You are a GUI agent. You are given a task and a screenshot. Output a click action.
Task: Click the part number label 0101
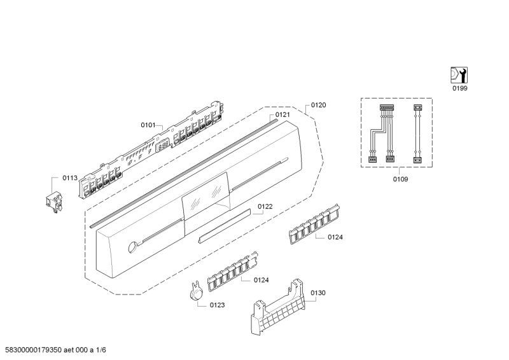tap(148, 125)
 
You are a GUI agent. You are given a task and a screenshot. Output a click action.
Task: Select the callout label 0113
tap(69, 179)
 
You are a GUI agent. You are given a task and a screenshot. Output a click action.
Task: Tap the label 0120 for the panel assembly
tap(319, 105)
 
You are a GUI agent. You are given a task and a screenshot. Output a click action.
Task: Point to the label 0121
tap(282, 115)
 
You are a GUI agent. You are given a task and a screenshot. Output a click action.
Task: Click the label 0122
tap(265, 206)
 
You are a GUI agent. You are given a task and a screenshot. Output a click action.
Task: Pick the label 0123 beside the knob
tap(218, 305)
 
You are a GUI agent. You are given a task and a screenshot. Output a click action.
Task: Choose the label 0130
tap(318, 293)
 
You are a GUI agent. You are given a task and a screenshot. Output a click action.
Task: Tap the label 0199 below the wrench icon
tap(459, 89)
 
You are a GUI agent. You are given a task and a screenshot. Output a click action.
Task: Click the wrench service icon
tap(459, 74)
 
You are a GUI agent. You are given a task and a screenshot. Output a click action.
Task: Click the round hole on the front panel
tap(132, 247)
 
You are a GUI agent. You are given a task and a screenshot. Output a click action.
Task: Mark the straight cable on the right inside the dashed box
tap(418, 134)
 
